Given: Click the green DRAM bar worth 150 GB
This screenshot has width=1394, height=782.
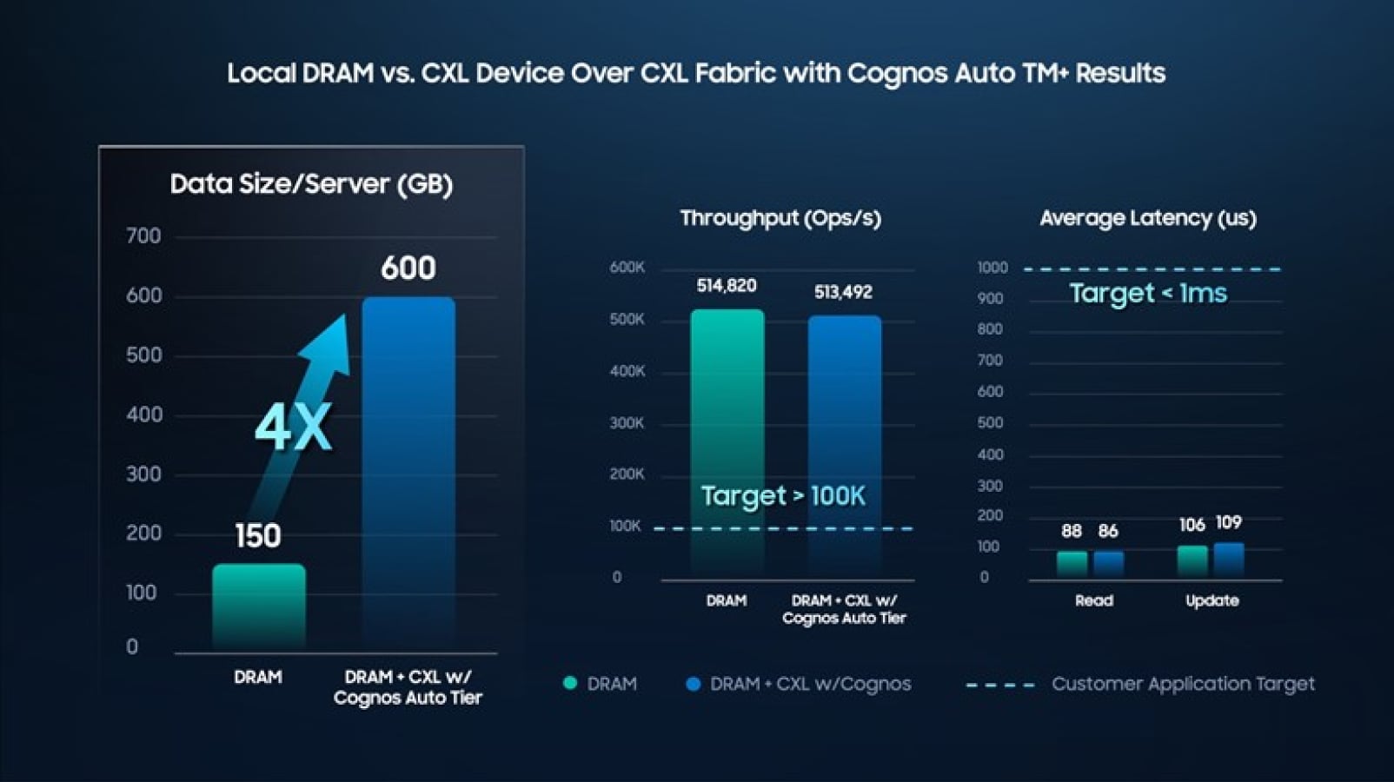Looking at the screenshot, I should pos(259,605).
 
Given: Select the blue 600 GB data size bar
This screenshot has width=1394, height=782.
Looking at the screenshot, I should pos(408,469).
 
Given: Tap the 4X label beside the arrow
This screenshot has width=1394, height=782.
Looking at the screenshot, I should pos(293,427).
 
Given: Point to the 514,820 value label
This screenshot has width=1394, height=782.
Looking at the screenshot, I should pos(727,286).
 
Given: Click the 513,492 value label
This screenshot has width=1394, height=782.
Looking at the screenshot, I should pos(843,292).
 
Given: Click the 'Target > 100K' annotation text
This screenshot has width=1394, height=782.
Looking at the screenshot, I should pos(783,495).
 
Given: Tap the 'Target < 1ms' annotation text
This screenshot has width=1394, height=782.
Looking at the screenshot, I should pos(1148,293).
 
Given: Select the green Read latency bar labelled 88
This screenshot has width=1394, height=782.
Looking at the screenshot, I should pos(1072,563).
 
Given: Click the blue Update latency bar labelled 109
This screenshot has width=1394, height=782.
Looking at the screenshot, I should pos(1229,559).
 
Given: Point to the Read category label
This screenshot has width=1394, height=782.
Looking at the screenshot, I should pos(1093,600).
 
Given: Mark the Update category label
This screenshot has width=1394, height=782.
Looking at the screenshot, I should pos(1212,600).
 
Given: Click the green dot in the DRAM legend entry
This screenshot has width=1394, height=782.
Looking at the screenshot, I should pos(570,684).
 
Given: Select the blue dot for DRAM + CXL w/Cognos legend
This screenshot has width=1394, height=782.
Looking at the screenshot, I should pos(693,684).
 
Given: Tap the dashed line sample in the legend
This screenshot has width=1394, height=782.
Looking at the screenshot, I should pos(999,685).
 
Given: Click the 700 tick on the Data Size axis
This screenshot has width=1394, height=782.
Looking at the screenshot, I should pos(143,236).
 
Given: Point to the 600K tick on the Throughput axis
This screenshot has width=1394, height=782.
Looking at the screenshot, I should pos(627,268).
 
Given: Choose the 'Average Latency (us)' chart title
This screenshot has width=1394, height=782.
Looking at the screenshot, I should pos(1148,218).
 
